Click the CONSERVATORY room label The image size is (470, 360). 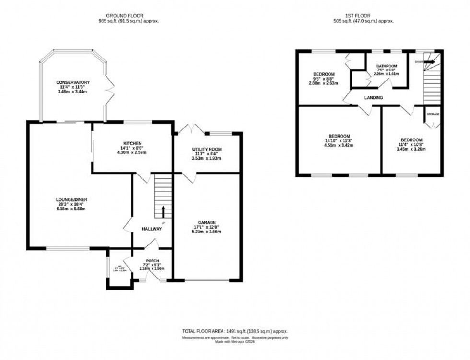72,82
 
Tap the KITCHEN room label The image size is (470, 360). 131,143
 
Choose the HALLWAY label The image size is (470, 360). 152,229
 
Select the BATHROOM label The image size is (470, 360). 386,66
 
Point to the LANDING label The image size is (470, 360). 374,98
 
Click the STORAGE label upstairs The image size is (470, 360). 433,114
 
